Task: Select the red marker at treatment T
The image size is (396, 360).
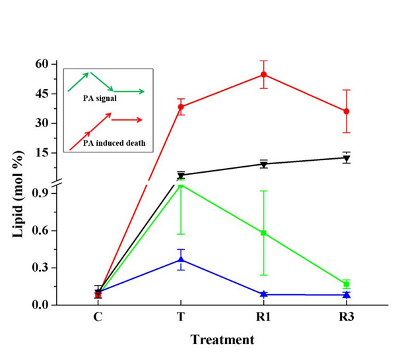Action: click(x=181, y=107)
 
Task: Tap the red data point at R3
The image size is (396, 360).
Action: click(x=346, y=111)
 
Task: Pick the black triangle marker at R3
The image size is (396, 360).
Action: click(x=346, y=158)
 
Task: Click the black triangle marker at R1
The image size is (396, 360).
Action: click(x=263, y=164)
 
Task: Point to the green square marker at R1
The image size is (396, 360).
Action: click(x=263, y=233)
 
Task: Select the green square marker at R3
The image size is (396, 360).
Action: click(x=346, y=284)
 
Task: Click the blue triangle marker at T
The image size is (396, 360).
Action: click(x=181, y=260)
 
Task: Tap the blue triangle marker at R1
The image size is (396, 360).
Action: click(x=263, y=294)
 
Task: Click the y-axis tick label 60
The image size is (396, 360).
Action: click(x=42, y=64)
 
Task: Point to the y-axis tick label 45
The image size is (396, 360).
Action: click(x=42, y=94)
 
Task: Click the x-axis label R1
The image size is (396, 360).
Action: click(x=263, y=316)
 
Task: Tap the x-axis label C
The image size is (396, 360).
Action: click(x=98, y=316)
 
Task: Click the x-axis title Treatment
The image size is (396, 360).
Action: click(x=222, y=340)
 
